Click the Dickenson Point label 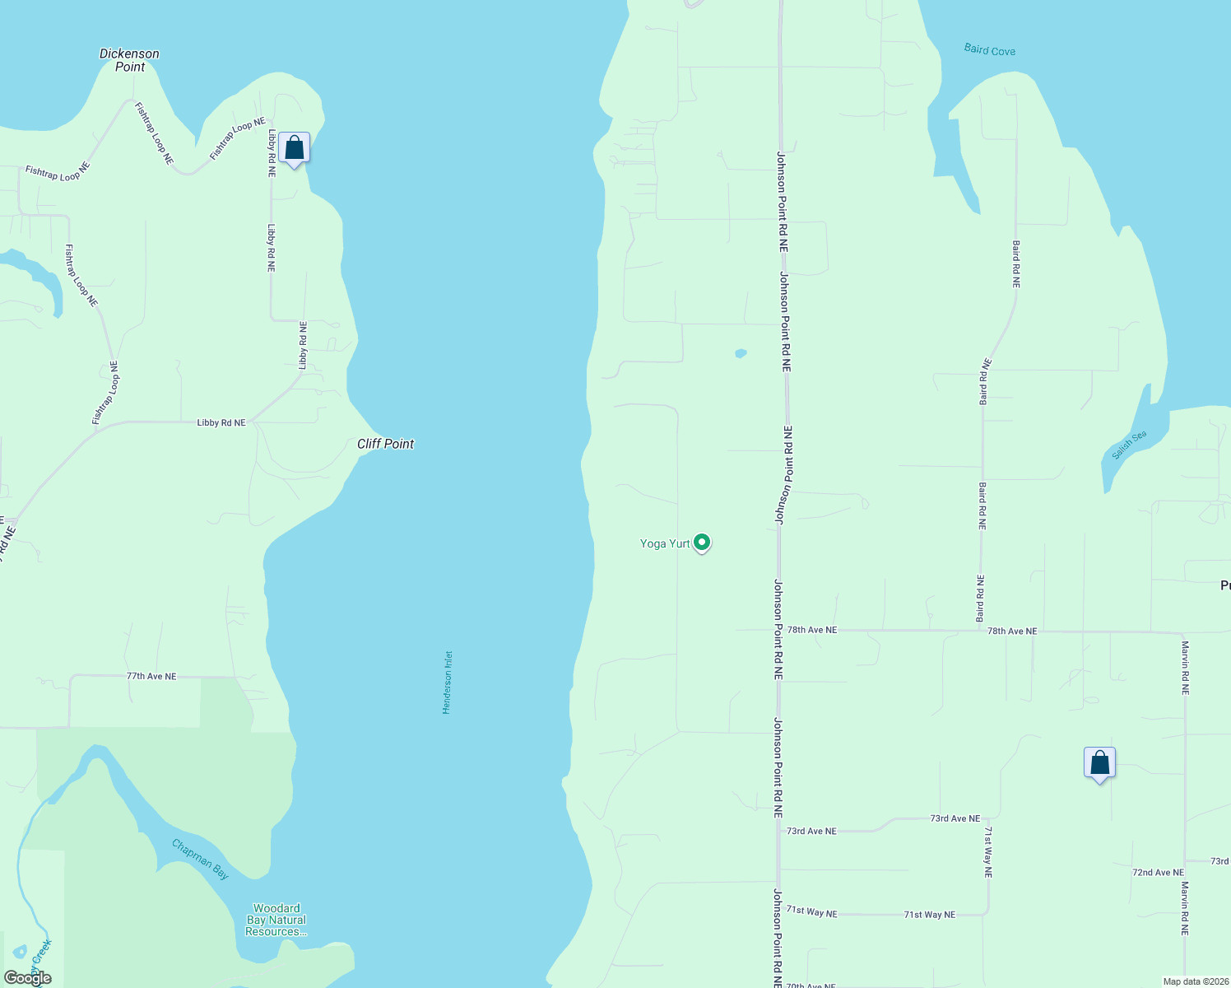(129, 60)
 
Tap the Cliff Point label (385, 444)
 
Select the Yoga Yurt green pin (702, 542)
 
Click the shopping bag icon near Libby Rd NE (294, 148)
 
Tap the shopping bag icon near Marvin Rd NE (1099, 763)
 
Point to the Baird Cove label (989, 50)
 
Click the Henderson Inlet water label (448, 683)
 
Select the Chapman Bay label (200, 859)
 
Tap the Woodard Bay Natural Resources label (276, 920)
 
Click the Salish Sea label (1128, 445)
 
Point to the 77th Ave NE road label (151, 676)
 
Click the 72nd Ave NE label (1158, 872)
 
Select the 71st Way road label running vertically (988, 852)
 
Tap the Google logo (28, 978)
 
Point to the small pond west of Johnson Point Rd (741, 353)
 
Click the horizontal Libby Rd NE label (221, 422)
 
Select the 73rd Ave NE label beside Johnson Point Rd (811, 831)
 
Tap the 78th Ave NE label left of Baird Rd (811, 630)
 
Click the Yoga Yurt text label (665, 543)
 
